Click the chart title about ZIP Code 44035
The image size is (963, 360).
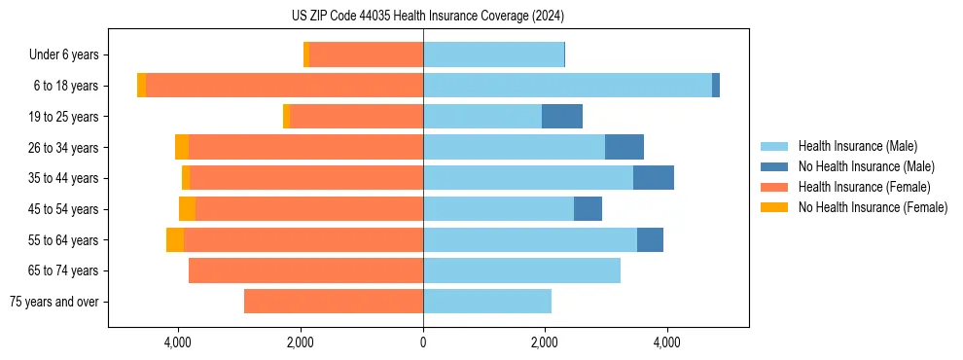point(427,16)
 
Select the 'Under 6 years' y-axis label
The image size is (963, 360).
point(69,55)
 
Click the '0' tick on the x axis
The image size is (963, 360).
point(423,343)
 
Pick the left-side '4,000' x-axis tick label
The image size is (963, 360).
point(178,343)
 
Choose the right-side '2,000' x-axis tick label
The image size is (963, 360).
point(545,343)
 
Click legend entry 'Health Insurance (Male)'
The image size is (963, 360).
point(857,146)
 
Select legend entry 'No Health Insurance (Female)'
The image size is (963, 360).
point(873,207)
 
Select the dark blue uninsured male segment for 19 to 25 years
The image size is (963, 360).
point(562,117)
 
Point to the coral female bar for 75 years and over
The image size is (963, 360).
point(334,302)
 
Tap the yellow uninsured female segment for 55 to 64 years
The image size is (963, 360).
point(175,240)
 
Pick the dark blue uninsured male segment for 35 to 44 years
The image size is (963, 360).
point(654,178)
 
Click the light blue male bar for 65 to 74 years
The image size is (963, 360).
point(521,270)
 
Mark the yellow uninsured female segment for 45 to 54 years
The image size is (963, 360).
point(187,209)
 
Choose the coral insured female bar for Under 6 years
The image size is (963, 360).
point(366,55)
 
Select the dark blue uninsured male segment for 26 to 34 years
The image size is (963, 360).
point(624,148)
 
